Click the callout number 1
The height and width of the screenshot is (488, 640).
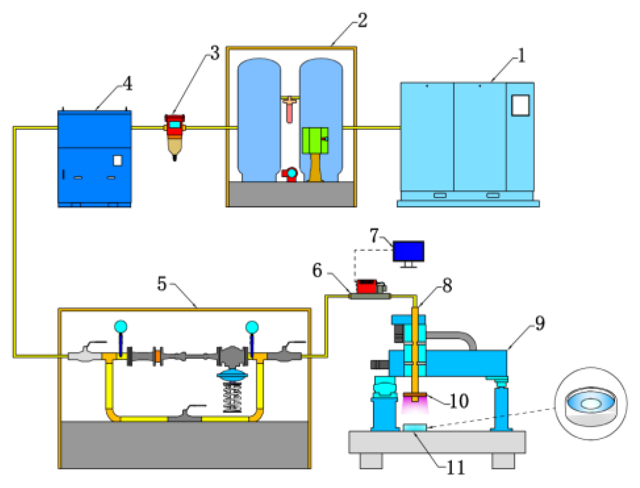(521, 56)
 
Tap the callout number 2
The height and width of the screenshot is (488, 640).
(362, 20)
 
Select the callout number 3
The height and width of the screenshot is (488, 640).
(214, 53)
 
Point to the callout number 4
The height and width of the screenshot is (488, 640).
(127, 83)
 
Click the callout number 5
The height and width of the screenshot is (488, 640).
(162, 284)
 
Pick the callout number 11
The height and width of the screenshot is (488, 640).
(455, 468)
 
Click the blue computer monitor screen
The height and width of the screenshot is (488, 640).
(408, 251)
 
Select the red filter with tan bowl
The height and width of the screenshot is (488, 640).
(175, 136)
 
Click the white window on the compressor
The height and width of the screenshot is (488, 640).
(520, 105)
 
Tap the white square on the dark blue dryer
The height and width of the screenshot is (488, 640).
(118, 161)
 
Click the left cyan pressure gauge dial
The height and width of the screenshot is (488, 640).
(120, 327)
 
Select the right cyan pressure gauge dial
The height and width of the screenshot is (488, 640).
(252, 327)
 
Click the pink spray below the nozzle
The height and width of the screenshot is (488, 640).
(414, 407)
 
